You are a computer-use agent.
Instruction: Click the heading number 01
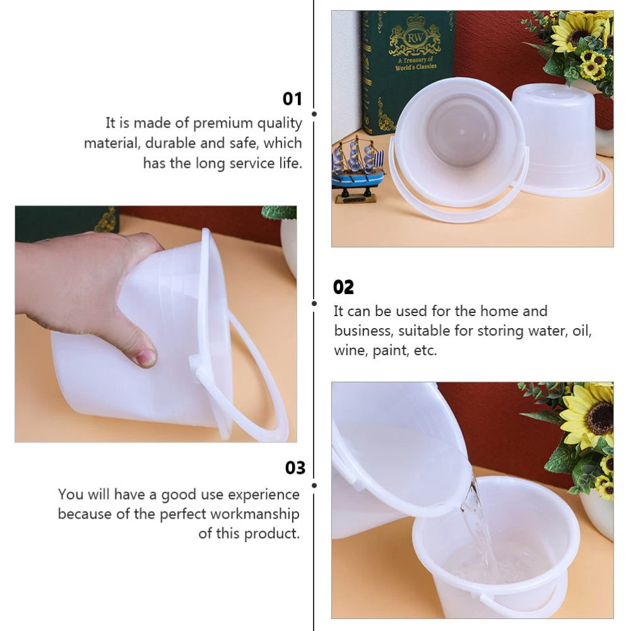pos(292,98)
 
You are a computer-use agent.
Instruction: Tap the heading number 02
pos(343,287)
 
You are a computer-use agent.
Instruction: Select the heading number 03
pos(295,468)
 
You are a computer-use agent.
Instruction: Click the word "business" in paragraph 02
pos(363,331)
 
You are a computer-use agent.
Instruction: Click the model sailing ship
pos(357,169)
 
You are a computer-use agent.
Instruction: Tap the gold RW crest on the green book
pos(415,36)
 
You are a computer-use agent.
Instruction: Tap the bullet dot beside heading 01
pos(314,114)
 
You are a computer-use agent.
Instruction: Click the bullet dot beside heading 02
pos(314,304)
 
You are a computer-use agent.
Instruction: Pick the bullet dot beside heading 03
pos(314,486)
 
